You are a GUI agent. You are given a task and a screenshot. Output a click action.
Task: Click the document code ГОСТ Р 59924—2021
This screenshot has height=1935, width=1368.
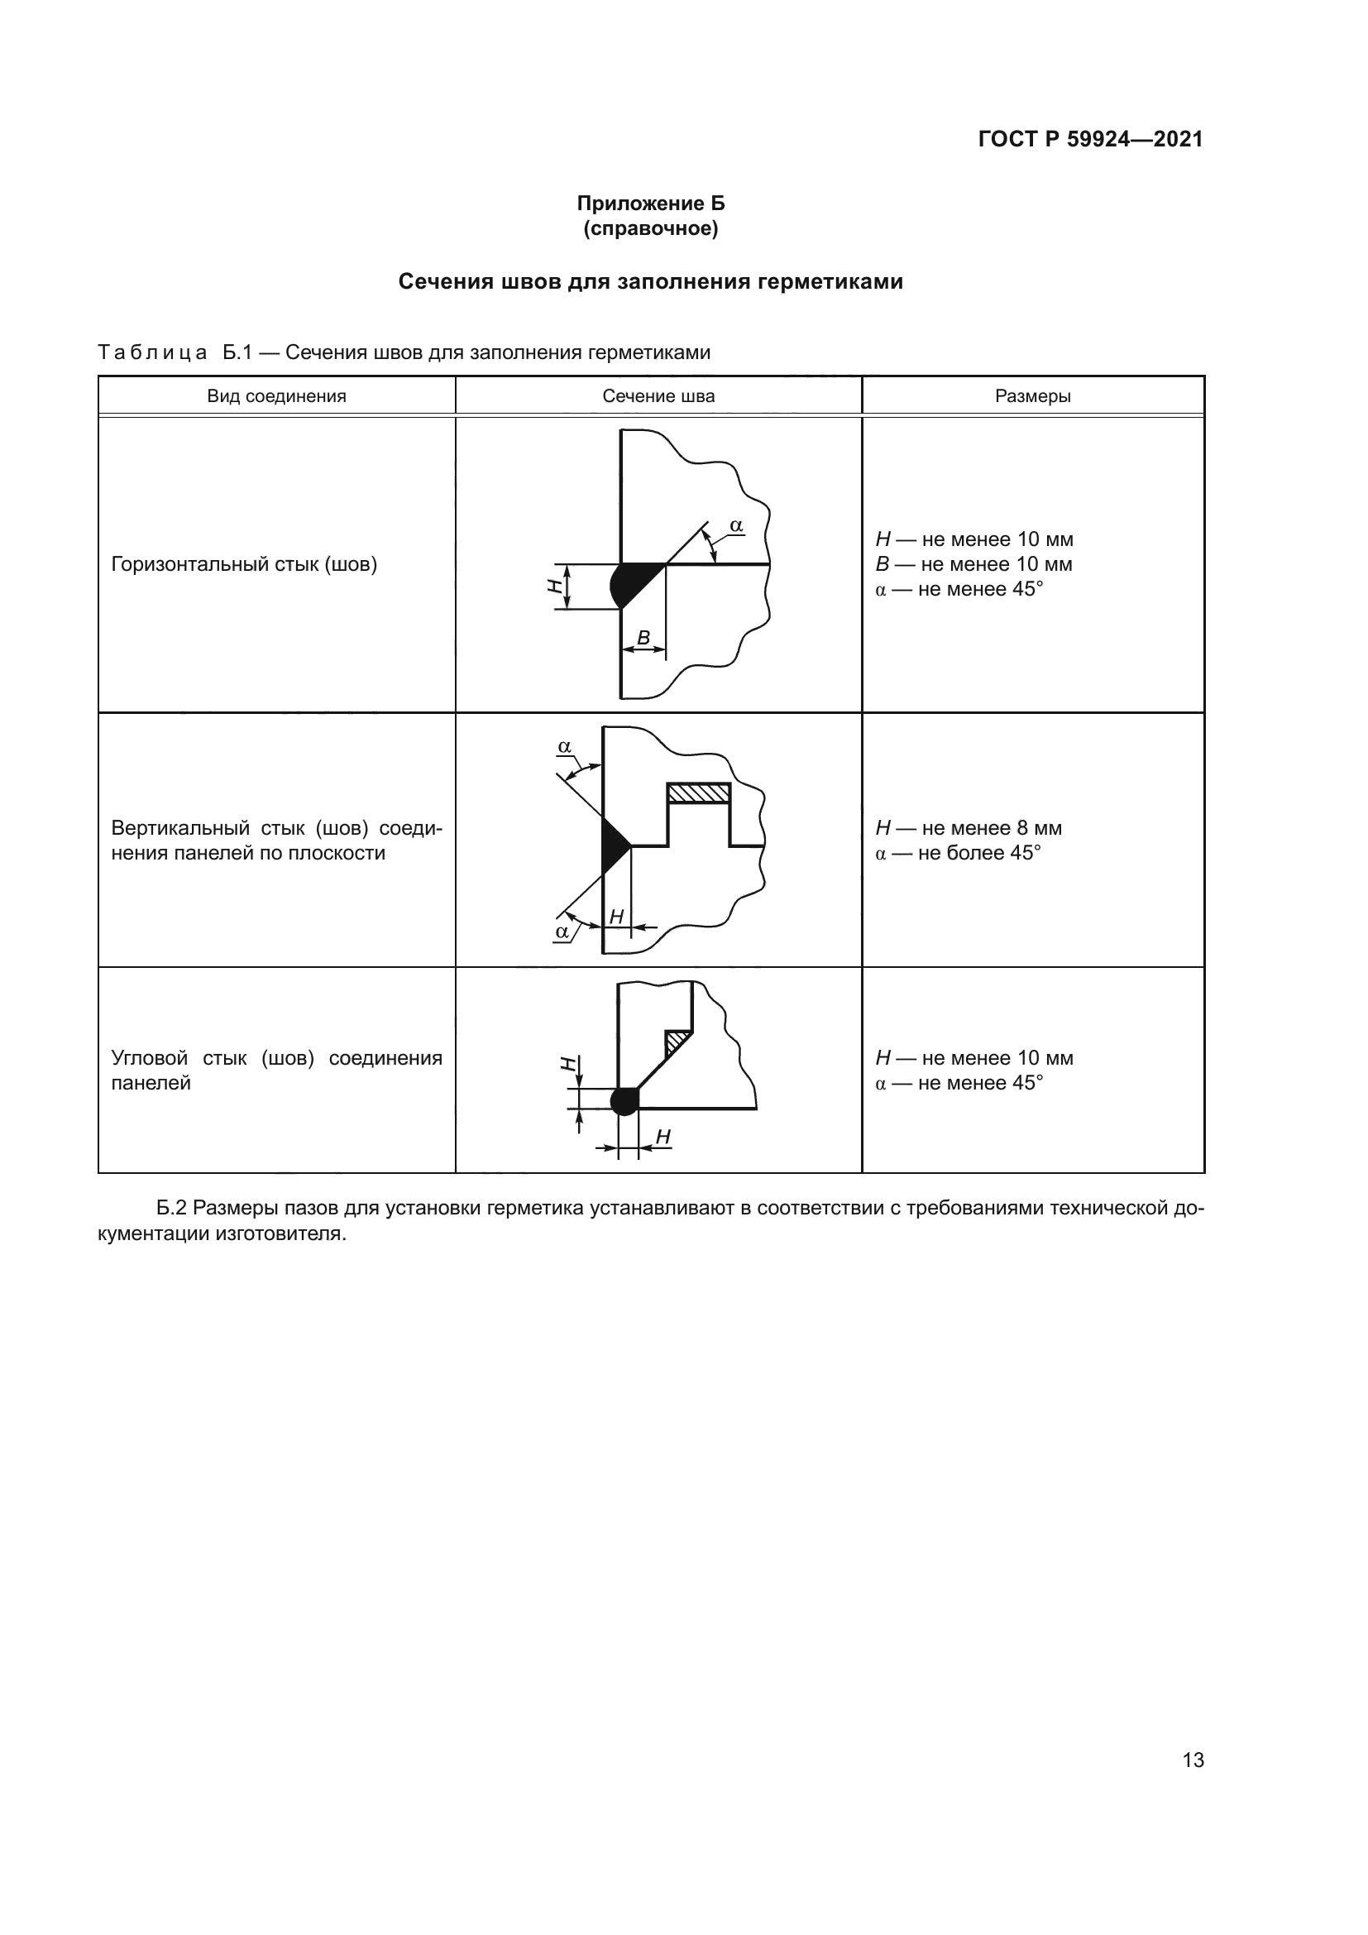(x=1090, y=139)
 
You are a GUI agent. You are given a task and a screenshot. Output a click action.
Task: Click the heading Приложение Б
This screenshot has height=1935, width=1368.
(x=650, y=204)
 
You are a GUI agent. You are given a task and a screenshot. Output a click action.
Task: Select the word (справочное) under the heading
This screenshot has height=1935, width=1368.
(x=650, y=228)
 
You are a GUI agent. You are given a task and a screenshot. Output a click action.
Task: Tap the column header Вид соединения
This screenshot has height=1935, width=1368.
(x=276, y=396)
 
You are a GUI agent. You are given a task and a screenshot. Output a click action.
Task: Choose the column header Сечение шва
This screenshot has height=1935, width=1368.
(x=658, y=396)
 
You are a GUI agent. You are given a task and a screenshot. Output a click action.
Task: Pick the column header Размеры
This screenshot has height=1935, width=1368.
(x=1033, y=396)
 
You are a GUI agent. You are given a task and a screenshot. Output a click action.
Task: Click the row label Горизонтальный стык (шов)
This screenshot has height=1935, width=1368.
(x=243, y=564)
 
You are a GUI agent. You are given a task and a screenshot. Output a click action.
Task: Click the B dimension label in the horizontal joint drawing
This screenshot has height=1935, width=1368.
(x=643, y=638)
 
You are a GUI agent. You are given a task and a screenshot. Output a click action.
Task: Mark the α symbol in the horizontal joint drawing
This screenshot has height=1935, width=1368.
(x=736, y=526)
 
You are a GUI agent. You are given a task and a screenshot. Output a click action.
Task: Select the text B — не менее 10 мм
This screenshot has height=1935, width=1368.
(x=973, y=564)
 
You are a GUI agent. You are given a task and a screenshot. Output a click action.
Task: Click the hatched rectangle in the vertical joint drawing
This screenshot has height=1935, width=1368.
(x=697, y=793)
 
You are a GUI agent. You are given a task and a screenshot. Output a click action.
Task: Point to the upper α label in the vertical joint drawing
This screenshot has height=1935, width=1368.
(x=564, y=747)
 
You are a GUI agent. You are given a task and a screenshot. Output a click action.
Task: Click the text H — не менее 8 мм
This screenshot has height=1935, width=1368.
(x=969, y=827)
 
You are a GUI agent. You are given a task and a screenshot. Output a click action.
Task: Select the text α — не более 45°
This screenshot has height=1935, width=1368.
(x=958, y=853)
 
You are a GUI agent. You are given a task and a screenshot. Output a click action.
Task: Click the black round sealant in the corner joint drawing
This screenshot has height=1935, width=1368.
(x=624, y=1100)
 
